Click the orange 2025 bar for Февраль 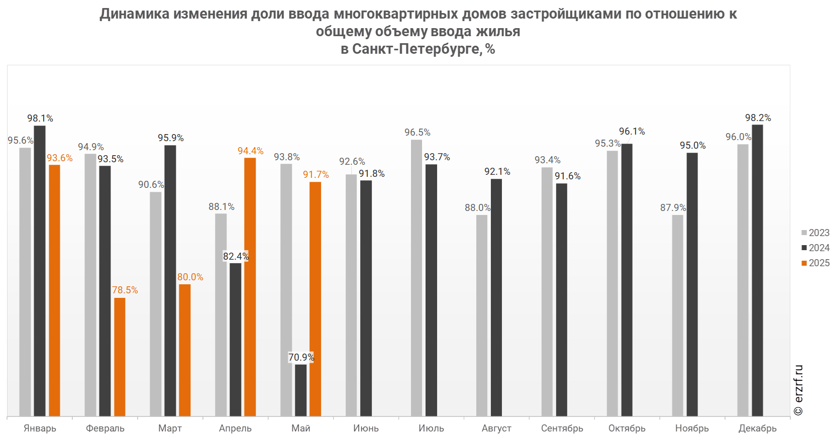pos(120,357)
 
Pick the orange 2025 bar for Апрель pos(250,287)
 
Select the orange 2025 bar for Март pos(184,350)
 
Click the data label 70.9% pos(301,357)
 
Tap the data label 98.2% pos(758,118)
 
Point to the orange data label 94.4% pos(250,151)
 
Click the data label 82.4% pos(236,256)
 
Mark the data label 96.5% pos(417,132)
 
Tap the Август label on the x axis pos(496,428)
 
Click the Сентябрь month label pos(562,428)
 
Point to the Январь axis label pos(40,428)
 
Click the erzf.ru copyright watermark pos(798,390)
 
